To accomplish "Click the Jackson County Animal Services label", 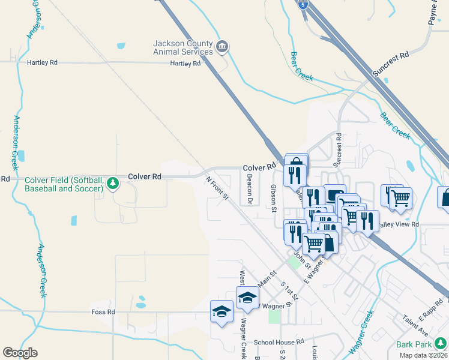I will coord(182,47).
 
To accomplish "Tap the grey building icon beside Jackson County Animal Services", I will coord(221,47).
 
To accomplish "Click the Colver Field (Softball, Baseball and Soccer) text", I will coord(64,184).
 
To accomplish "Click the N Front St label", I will coord(217,188).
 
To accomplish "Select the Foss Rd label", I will coord(103,312).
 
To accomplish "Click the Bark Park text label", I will coord(414,345).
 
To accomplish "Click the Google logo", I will coord(20,353).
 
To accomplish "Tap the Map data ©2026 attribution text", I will coord(423,355).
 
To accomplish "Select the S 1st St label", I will coord(292,293).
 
